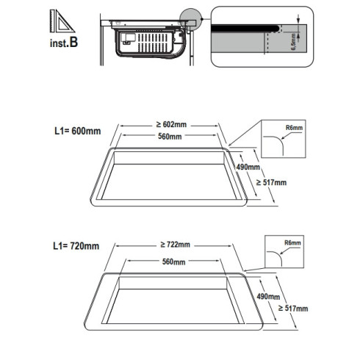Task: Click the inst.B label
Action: coord(64,43)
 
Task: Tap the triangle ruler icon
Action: coord(62,21)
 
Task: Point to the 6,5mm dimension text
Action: coord(293,42)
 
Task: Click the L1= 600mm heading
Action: coord(77,131)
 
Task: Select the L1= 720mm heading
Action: coord(76,246)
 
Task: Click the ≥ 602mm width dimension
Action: coord(171,124)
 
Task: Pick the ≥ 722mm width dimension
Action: coord(175,245)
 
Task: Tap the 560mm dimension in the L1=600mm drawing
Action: coord(170,136)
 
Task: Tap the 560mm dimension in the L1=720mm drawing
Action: coord(173,262)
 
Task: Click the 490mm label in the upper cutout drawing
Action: coord(248,167)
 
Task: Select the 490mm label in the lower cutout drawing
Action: coord(268,297)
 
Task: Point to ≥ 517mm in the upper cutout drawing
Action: coord(271,182)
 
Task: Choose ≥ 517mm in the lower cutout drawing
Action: coord(293,309)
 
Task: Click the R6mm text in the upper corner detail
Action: coord(294,128)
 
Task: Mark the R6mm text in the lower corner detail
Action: coord(292,243)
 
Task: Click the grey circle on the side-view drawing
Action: coord(190,20)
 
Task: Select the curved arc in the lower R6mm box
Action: coord(278,256)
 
